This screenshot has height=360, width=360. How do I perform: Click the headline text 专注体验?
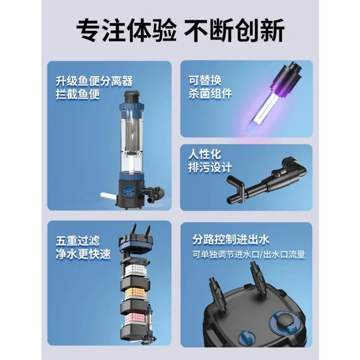126,30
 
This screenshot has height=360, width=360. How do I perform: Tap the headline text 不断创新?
234,30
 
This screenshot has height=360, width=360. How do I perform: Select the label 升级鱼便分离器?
94,81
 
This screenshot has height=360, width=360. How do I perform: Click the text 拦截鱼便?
77,94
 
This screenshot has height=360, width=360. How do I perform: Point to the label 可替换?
205,81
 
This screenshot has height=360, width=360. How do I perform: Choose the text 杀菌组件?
210,94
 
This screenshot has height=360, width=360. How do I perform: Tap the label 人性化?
205,154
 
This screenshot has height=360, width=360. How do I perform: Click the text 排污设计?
210,167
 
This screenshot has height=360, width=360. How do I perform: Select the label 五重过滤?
77,241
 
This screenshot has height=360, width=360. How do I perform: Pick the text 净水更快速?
83,254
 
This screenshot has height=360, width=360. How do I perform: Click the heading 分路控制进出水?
230,240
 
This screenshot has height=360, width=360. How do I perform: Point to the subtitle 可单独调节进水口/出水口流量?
249,255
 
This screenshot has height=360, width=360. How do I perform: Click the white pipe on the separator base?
109,196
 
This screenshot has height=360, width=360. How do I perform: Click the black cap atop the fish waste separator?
131,97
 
